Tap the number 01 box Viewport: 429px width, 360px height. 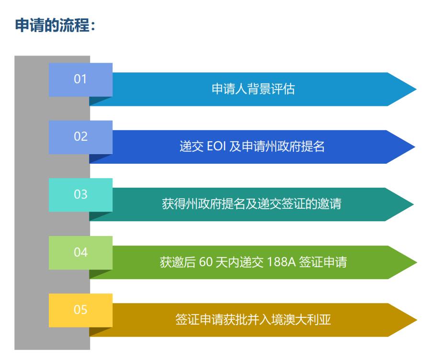[x=80, y=79]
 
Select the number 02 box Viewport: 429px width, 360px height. [x=80, y=137]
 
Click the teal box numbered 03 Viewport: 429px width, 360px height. [x=80, y=195]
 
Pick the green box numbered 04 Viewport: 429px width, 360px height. [x=80, y=252]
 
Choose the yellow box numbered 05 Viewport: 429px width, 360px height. [x=80, y=310]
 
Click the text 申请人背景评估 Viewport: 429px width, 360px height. [x=253, y=90]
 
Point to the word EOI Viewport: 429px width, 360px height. [x=217, y=147]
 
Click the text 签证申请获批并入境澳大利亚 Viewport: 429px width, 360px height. [x=253, y=320]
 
